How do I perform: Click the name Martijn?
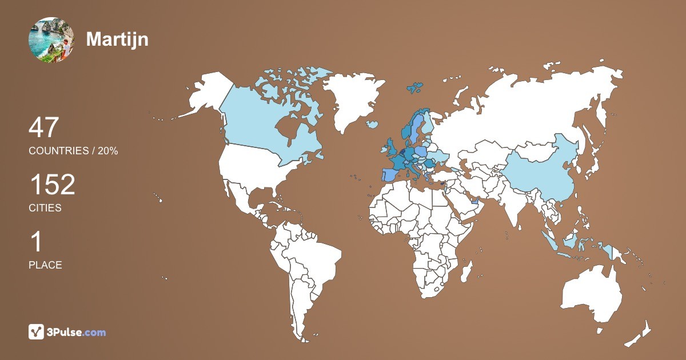pos(117,39)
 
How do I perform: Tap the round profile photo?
pos(51,39)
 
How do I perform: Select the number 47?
pos(44,127)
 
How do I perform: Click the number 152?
pos(52,185)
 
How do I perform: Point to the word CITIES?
pos(45,208)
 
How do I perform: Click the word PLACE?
pos(45,265)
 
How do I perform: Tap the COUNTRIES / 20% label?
pos(73,151)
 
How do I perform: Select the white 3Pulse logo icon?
pos(37,331)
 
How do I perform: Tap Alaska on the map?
pos(209,94)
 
